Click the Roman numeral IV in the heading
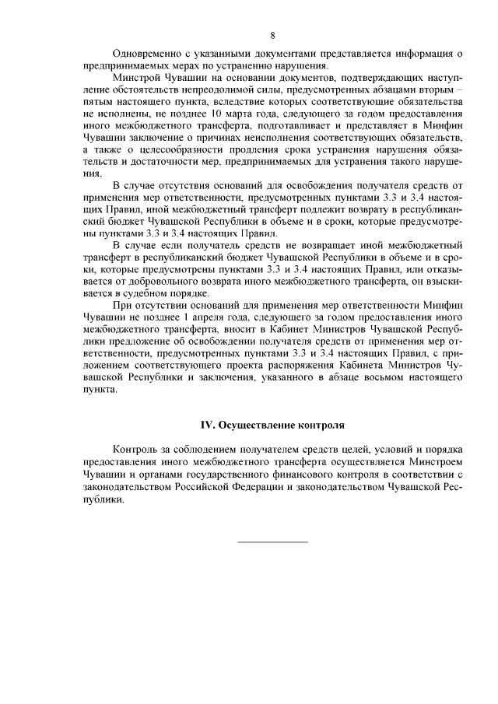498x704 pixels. pyautogui.click(x=207, y=426)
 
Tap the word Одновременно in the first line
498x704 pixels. pyautogui.click(x=148, y=54)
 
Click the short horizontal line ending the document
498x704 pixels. pyautogui.click(x=272, y=541)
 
